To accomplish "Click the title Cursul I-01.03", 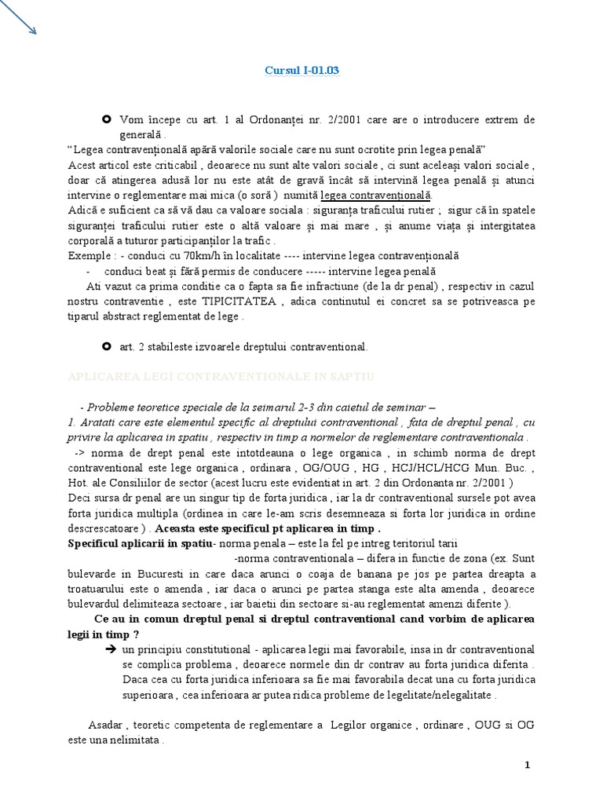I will [x=301, y=71].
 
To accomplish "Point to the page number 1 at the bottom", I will [x=527, y=765].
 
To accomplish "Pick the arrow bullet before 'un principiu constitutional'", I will [x=110, y=650].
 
